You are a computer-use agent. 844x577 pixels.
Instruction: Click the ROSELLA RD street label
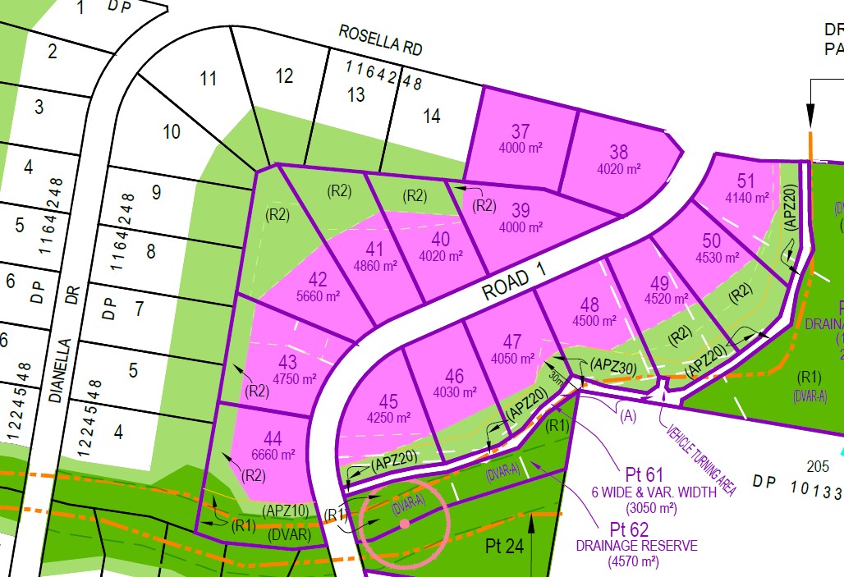point(381,39)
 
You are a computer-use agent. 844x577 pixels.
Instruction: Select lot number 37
point(521,131)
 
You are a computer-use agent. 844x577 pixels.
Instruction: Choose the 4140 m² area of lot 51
point(746,198)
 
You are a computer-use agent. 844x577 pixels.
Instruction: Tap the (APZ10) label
point(286,511)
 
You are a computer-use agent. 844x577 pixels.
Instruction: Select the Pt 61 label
point(644,474)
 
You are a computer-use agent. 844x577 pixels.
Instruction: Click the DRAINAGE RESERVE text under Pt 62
point(636,546)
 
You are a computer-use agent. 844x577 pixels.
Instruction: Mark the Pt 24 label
point(505,544)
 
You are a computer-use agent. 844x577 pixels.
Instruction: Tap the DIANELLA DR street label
point(62,348)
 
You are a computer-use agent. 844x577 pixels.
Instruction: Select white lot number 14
point(431,116)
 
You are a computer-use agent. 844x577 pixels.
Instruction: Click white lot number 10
point(172,131)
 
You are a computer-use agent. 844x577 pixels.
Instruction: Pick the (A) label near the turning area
point(629,416)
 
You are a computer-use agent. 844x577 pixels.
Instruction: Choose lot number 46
point(454,377)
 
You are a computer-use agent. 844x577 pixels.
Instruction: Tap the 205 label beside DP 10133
point(817,466)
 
